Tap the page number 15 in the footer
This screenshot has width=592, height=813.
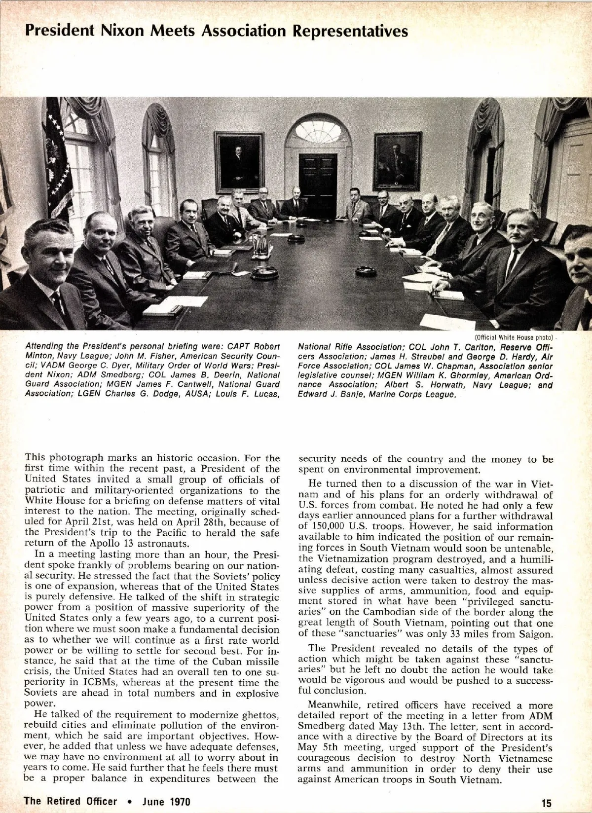546,801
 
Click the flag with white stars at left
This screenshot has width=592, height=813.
57,158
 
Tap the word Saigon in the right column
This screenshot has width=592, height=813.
536,634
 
